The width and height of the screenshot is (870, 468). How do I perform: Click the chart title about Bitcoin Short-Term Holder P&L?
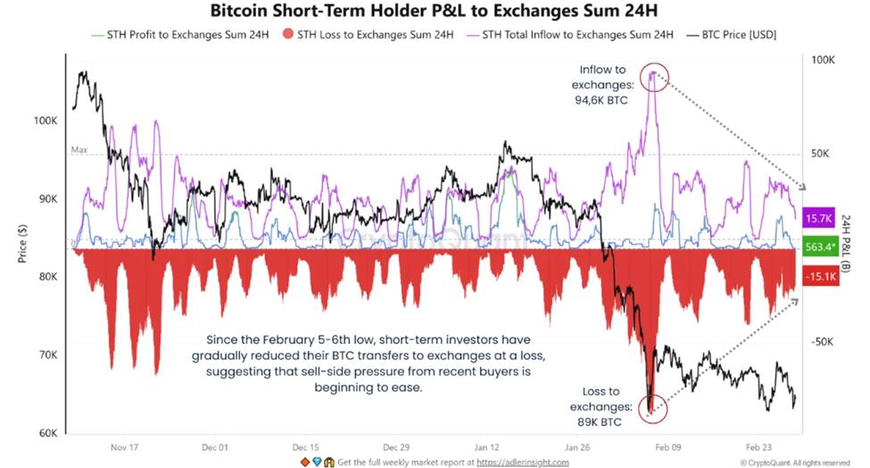435,12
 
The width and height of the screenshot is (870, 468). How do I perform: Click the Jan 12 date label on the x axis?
486,447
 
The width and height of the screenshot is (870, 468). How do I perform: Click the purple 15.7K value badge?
818,218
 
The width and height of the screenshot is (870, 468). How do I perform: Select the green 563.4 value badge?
818,248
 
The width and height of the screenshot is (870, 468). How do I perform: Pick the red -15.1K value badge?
818,278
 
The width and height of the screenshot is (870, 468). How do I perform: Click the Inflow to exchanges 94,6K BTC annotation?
603,85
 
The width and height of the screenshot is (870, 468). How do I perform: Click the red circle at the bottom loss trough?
651,407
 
